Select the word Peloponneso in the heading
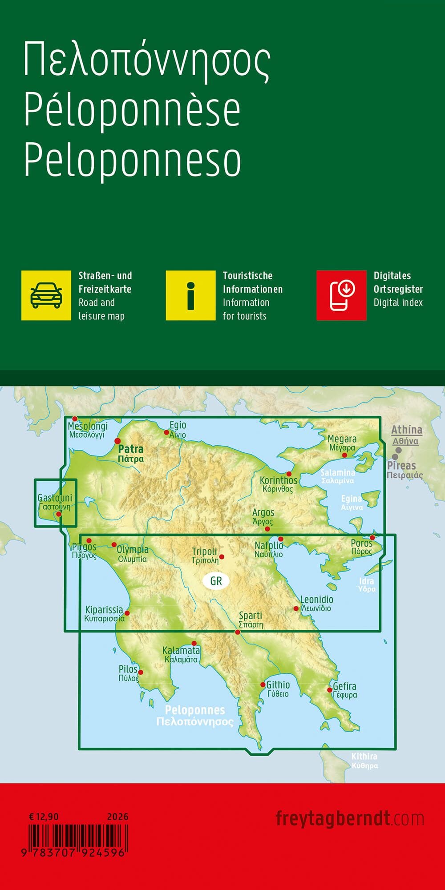coord(133,160)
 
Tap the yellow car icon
coord(46,295)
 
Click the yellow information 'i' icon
coord(190,295)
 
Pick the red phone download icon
coord(341,295)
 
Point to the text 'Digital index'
coord(398,303)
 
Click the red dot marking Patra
coord(118,441)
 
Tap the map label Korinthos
coord(279,480)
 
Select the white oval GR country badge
coord(216,581)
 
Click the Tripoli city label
coord(204,552)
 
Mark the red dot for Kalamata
coord(194,644)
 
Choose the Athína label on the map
coord(406,430)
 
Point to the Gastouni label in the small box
coord(55,498)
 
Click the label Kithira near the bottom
coord(364,756)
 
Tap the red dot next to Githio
coord(263,685)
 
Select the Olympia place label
coord(133,550)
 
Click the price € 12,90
coord(44,817)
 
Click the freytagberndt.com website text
coord(349,818)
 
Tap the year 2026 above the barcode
coord(117,817)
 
